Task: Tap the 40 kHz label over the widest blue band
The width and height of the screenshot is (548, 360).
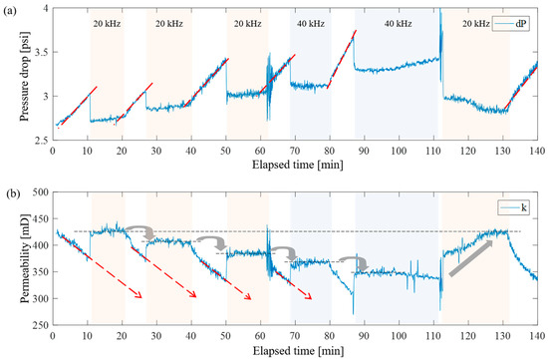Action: [396, 20]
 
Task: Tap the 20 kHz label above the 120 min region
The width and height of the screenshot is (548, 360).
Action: [474, 20]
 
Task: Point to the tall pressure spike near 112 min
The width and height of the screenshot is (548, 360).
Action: [440, 20]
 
